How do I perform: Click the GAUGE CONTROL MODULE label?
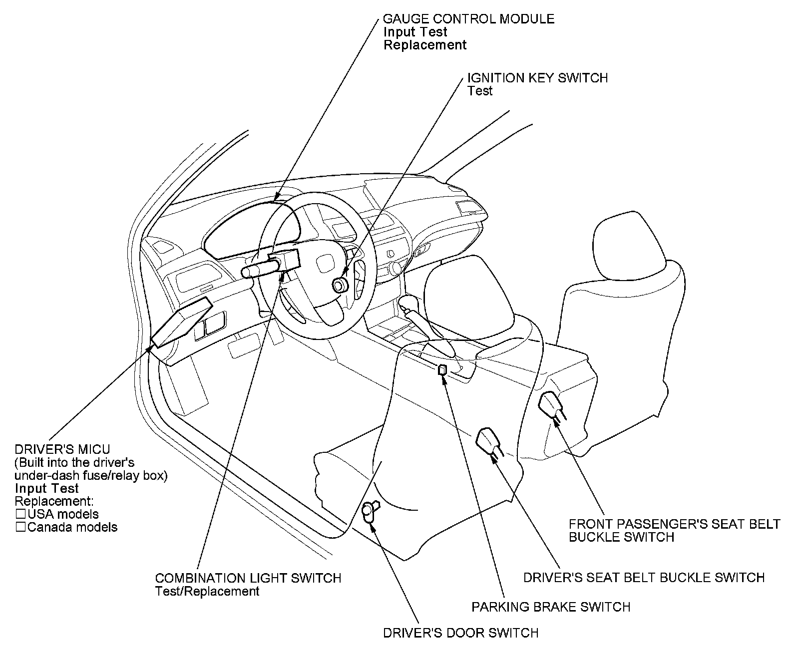468,19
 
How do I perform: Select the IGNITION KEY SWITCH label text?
537,78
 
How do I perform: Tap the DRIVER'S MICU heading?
62,449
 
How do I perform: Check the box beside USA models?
20,514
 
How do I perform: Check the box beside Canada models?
20,527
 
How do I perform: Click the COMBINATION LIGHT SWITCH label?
248,578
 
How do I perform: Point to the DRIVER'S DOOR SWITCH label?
460,633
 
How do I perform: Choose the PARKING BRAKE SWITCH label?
551,607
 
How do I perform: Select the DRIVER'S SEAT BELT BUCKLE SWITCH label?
644,578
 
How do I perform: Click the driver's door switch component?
370,511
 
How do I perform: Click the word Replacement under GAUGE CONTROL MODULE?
424,45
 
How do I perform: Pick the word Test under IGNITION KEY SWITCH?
479,91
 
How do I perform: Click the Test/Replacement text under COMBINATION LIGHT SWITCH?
207,591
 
